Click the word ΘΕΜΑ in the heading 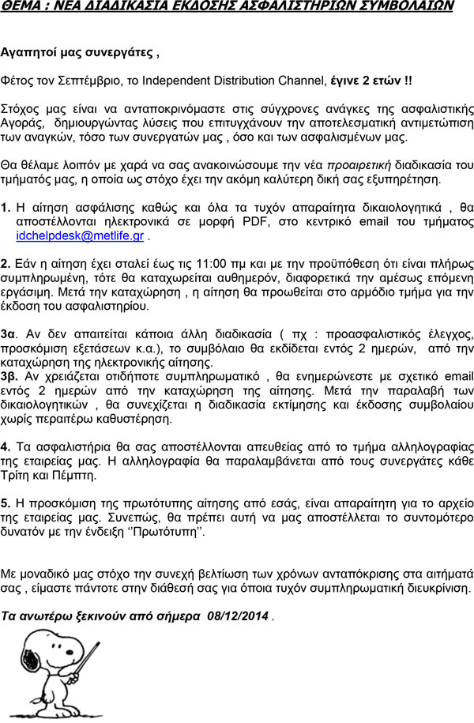click(x=22, y=6)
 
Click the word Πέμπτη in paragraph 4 click(x=74, y=476)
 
